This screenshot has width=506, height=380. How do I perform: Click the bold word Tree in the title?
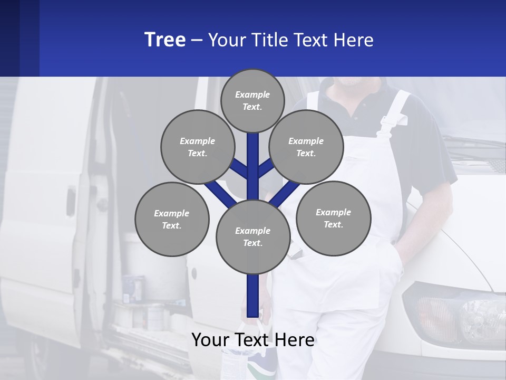click(165, 40)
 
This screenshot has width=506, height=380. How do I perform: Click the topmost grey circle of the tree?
click(252, 100)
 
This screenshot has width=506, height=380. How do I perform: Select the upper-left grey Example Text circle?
click(197, 147)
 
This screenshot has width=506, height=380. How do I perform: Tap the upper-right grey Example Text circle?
click(306, 147)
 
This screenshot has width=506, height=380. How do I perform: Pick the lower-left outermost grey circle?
click(171, 219)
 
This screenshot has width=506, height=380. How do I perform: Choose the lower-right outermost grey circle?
click(333, 218)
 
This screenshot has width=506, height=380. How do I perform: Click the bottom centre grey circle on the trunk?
click(252, 236)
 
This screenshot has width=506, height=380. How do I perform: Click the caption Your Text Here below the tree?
click(252, 340)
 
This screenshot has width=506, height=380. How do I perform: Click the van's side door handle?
click(71, 201)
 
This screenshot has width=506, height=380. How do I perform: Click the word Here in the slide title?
click(353, 40)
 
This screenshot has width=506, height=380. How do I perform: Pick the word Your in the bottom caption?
click(210, 340)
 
